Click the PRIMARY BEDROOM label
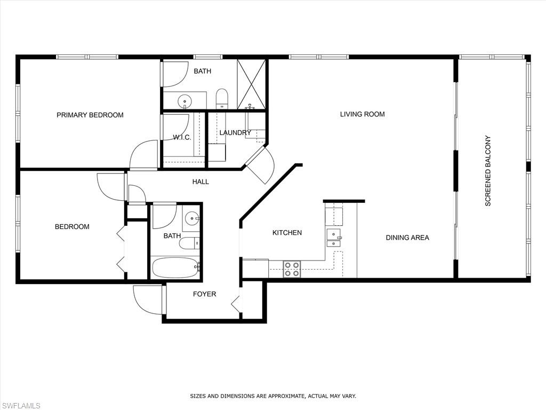[90, 115]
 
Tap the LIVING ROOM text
[363, 114]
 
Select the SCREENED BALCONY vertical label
[487, 171]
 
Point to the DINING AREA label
[407, 238]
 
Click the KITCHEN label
[287, 233]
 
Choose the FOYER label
[204, 294]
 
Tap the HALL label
[200, 182]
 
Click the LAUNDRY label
[235, 132]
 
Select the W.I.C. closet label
[182, 137]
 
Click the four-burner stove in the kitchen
[291, 269]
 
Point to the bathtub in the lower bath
[175, 267]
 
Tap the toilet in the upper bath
[222, 98]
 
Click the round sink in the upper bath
[185, 100]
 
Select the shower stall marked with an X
[251, 84]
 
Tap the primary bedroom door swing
[144, 155]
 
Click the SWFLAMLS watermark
[20, 406]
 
